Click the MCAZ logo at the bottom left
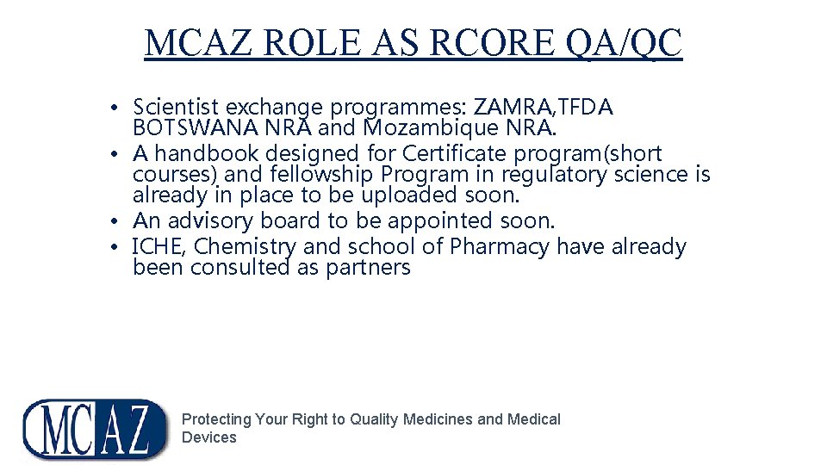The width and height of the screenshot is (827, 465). point(95,429)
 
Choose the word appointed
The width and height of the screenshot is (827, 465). point(443,220)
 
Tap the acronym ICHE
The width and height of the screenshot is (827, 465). point(156,246)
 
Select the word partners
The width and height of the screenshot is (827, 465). point(369,267)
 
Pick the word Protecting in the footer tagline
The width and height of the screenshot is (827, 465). point(216,419)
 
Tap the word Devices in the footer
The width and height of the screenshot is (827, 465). point(208,437)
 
